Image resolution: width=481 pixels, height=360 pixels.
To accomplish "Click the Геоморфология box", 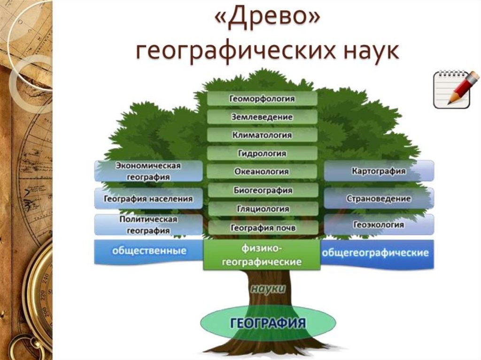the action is click(262, 99).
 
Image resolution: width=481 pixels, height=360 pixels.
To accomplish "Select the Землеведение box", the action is click(262, 117).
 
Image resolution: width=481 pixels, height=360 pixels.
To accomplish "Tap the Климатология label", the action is click(262, 135).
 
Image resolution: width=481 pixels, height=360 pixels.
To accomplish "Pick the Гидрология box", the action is click(262, 153).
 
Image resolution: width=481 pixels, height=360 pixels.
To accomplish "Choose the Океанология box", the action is click(262, 172).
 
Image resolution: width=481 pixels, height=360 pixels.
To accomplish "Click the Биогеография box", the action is click(262, 191).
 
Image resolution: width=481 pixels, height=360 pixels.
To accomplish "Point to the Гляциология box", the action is click(262, 209).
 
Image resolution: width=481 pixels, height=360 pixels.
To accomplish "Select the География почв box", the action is click(262, 228).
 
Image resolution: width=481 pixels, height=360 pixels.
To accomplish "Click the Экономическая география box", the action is click(148, 171).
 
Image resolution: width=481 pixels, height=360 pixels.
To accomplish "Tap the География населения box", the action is click(148, 199).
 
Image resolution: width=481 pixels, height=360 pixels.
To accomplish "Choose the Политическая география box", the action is click(148, 225).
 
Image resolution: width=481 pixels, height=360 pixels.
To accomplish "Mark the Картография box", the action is click(379, 171).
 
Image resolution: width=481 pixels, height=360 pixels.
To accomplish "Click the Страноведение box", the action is click(379, 199).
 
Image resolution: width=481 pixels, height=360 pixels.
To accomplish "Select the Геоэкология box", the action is click(379, 225).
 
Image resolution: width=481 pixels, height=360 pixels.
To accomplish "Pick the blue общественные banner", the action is click(148, 252).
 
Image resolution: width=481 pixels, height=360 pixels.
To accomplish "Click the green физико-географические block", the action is click(262, 255).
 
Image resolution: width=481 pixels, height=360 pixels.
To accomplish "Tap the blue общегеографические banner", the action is click(376, 253).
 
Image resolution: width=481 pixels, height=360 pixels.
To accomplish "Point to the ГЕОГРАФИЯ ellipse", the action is click(268, 323).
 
